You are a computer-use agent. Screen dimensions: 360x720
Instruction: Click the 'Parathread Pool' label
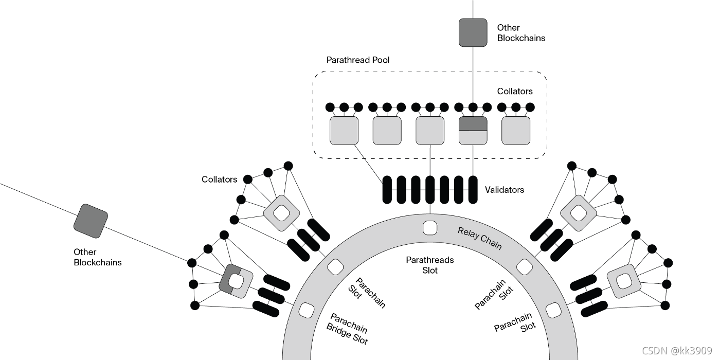(357, 60)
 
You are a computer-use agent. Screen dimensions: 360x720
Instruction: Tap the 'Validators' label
(504, 190)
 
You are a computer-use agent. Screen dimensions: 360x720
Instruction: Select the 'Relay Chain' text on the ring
(479, 238)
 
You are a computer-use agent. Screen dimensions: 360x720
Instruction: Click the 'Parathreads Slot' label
(430, 265)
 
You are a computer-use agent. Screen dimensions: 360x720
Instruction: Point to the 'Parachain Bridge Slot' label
(348, 329)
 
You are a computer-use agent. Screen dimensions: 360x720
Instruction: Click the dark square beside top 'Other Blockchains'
(473, 32)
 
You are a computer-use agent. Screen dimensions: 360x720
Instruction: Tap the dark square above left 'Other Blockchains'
(91, 221)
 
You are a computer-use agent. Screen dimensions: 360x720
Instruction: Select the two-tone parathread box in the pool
(473, 131)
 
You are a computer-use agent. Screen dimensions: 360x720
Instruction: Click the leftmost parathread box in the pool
(344, 131)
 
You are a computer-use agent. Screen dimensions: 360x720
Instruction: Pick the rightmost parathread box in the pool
(516, 131)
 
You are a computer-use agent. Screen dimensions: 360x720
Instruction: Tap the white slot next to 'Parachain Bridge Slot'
(307, 310)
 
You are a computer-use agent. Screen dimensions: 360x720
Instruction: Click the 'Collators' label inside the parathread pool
(514, 92)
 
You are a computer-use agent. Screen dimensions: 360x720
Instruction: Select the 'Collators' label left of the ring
(220, 179)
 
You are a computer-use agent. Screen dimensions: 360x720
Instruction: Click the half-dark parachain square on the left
(236, 281)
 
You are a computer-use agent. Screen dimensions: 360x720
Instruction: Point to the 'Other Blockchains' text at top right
(520, 33)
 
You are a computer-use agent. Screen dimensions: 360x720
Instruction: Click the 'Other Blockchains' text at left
(98, 257)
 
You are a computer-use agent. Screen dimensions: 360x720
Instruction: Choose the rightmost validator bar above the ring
(473, 190)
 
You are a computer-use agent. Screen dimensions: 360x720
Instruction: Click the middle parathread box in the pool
(430, 131)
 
